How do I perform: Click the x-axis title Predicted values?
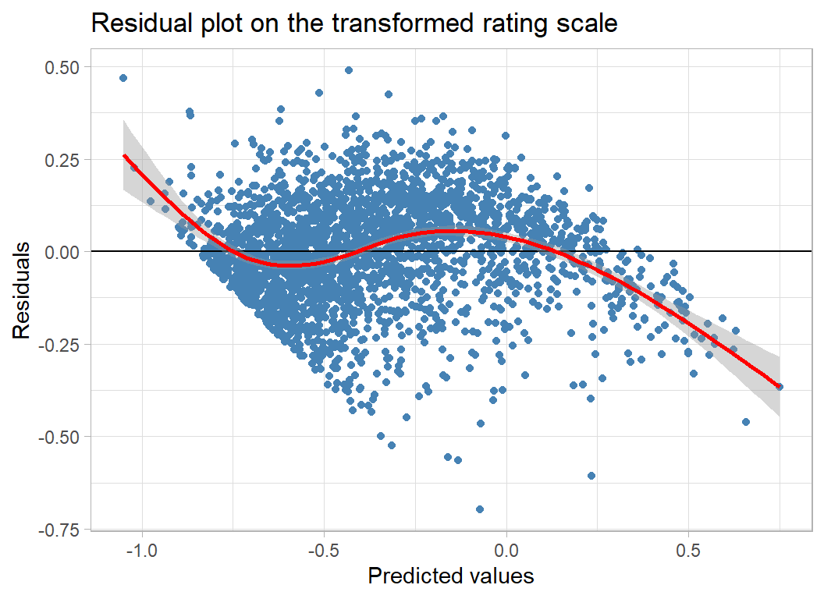(451, 576)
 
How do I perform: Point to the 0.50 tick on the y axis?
(62, 67)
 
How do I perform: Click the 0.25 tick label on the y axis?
(62, 159)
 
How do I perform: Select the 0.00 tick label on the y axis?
(62, 251)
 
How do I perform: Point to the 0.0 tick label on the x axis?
(506, 550)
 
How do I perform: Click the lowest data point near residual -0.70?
(480, 509)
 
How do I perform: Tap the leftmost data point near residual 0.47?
(123, 78)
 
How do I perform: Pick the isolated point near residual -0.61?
(591, 475)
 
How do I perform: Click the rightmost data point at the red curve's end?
(780, 386)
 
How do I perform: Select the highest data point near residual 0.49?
(349, 70)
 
